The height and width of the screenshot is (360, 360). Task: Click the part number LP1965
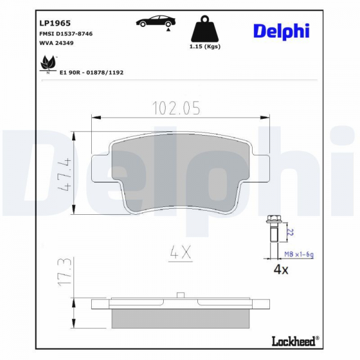click(x=55, y=23)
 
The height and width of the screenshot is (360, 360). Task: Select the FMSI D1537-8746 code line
click(x=66, y=34)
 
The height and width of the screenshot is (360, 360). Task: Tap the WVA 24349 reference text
click(x=56, y=43)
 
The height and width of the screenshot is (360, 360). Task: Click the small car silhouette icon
click(x=155, y=22)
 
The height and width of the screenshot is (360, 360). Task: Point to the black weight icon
click(x=205, y=29)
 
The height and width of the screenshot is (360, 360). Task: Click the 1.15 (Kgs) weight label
click(x=205, y=47)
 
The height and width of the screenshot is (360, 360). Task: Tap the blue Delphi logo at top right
click(x=281, y=31)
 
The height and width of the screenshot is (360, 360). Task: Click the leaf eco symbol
click(x=48, y=64)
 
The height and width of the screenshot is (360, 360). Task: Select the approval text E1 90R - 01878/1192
click(x=91, y=73)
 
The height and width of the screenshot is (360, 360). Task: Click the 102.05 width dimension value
click(x=176, y=108)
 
